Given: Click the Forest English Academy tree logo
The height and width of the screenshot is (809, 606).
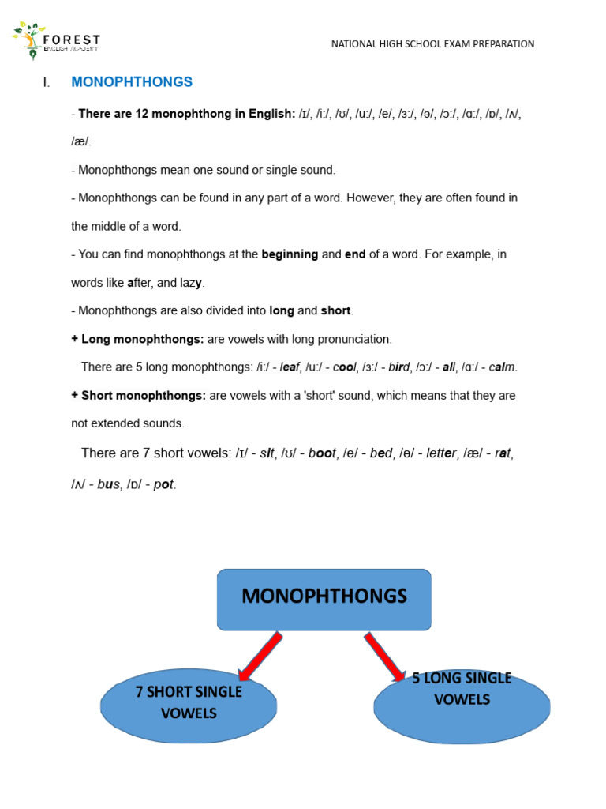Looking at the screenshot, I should pyautogui.click(x=31, y=41).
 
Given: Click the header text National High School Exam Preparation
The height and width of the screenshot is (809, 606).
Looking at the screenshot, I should pyautogui.click(x=432, y=44).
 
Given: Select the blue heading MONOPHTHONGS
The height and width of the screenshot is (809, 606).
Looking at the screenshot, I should pyautogui.click(x=132, y=82).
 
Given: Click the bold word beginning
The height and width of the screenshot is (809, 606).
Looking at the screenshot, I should pyautogui.click(x=290, y=254).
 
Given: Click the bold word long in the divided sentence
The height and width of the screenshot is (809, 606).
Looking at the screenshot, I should pyautogui.click(x=282, y=310).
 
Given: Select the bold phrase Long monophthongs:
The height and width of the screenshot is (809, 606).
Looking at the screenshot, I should pyautogui.click(x=142, y=339).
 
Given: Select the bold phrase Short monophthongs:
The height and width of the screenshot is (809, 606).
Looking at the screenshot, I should pyautogui.click(x=143, y=395).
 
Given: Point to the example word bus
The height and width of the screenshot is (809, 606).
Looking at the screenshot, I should pyautogui.click(x=108, y=484).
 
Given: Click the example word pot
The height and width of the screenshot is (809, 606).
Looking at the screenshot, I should pyautogui.click(x=164, y=484).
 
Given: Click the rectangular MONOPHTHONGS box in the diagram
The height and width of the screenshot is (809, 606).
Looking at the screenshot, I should pyautogui.click(x=324, y=599).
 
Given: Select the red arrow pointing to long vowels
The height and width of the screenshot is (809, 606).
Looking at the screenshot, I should pyautogui.click(x=385, y=656).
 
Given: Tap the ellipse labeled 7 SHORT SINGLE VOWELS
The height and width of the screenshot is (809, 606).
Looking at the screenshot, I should pyautogui.click(x=189, y=704).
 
